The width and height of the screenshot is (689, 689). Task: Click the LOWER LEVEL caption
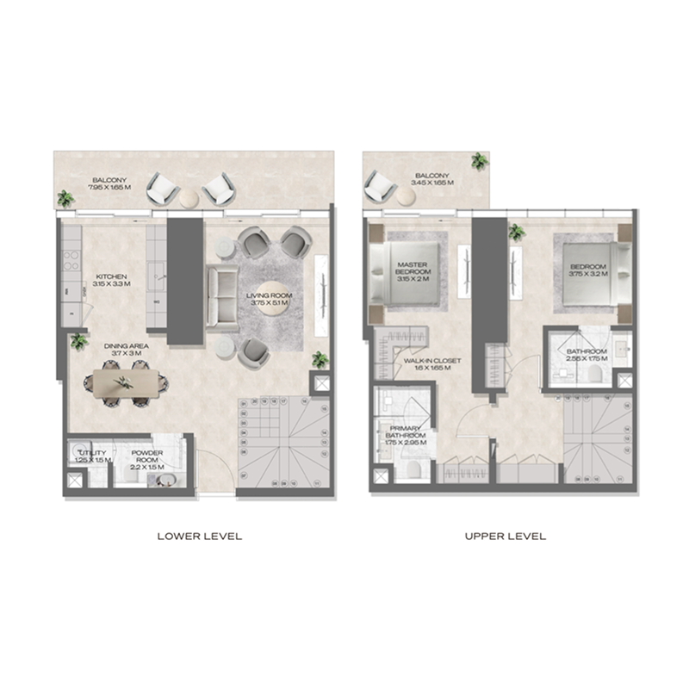click(200, 536)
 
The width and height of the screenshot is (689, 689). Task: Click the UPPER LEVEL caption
click(506, 536)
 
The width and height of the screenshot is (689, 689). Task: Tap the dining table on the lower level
click(126, 380)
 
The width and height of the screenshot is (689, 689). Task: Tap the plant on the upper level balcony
click(478, 161)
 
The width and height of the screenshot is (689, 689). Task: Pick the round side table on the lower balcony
click(188, 198)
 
